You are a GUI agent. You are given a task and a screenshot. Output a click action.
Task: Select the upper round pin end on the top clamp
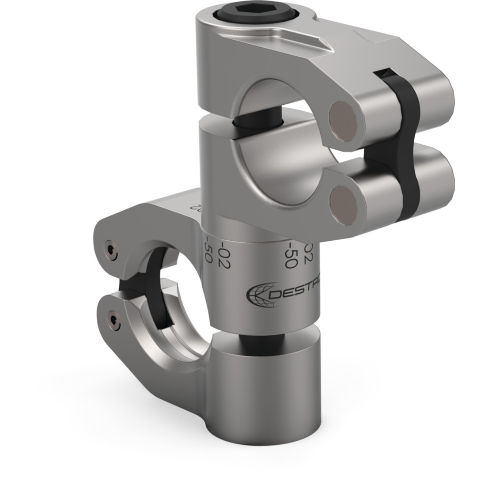[343, 121]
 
